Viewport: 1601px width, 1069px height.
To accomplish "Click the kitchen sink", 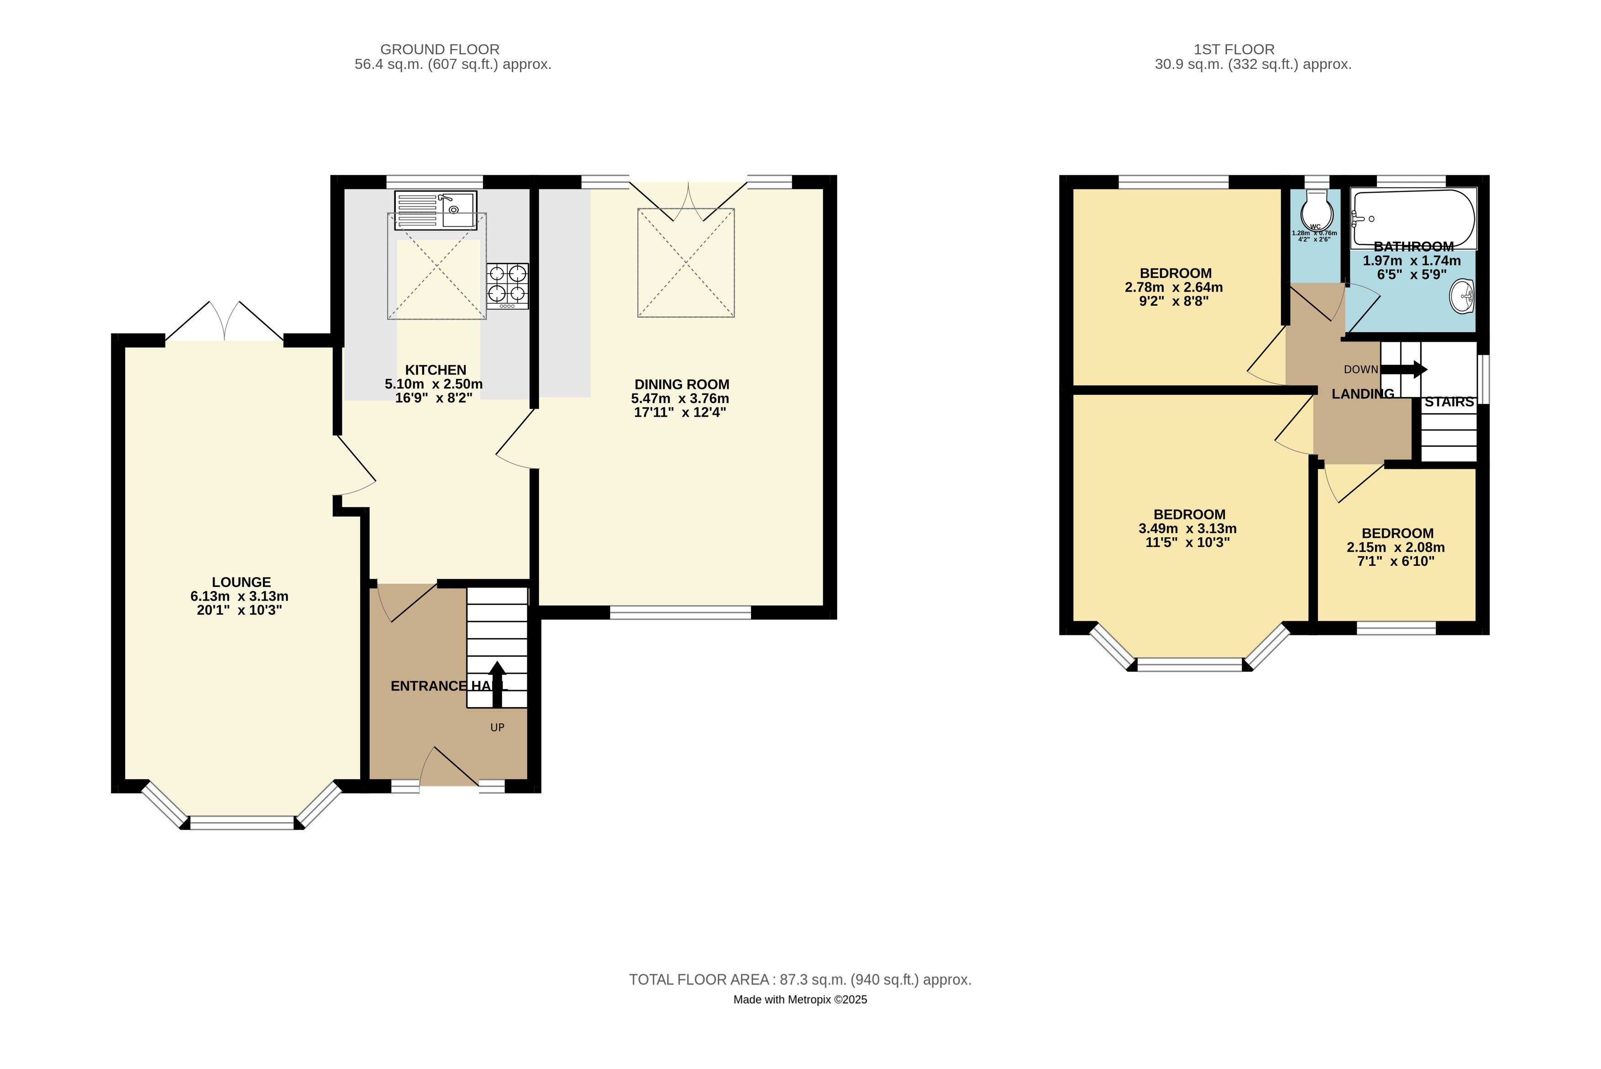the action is (x=436, y=210).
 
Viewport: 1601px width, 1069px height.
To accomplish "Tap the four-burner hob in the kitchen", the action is (x=507, y=286).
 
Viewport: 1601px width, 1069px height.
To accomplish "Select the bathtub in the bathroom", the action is (x=1413, y=218).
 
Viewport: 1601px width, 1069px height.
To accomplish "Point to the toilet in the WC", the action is (x=1316, y=210).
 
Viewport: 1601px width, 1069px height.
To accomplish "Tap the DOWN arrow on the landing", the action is (x=1404, y=370).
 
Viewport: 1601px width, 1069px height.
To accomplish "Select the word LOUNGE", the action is (x=241, y=582).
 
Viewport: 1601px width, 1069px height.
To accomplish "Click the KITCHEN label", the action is (x=436, y=370).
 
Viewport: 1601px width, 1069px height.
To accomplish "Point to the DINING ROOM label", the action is (x=682, y=384).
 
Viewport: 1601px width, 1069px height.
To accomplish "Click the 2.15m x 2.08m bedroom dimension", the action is (x=1396, y=547).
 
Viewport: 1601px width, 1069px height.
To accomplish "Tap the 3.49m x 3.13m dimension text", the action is (x=1188, y=529).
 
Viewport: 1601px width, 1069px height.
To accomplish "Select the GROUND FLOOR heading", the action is (x=440, y=50).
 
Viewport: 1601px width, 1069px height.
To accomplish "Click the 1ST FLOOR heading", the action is (x=1234, y=50).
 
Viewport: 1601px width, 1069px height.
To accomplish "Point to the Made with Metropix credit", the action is (x=801, y=1000).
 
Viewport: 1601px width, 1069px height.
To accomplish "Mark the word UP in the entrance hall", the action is (x=498, y=728).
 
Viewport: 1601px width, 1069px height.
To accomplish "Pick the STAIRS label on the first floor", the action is (x=1449, y=402).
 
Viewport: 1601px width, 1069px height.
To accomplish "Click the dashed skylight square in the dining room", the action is (x=686, y=262).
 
